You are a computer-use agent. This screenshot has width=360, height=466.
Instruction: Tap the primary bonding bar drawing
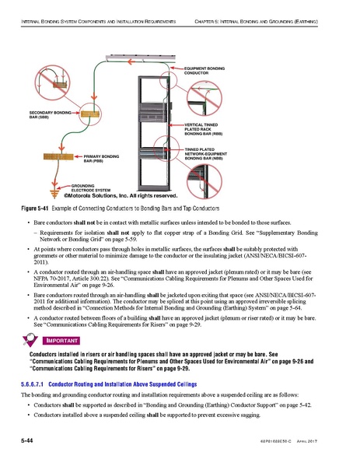(x=60, y=158)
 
